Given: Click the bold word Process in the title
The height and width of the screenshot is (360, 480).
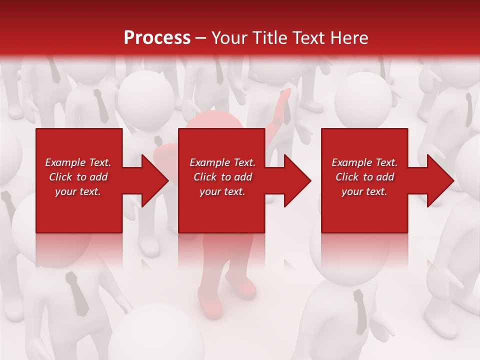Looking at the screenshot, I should (157, 38).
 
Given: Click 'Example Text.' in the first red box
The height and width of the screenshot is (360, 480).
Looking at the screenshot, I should (78, 162).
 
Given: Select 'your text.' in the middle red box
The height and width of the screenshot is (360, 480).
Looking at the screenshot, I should (222, 191).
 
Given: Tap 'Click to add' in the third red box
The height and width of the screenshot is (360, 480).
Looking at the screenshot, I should (364, 177).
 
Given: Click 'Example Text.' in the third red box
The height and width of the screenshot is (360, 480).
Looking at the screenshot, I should (364, 162).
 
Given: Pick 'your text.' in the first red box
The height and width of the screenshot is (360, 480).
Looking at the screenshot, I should (78, 191).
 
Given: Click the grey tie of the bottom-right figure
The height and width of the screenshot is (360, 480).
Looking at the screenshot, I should (360, 310).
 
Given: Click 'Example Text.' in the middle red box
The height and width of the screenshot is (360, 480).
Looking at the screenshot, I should (222, 162).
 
